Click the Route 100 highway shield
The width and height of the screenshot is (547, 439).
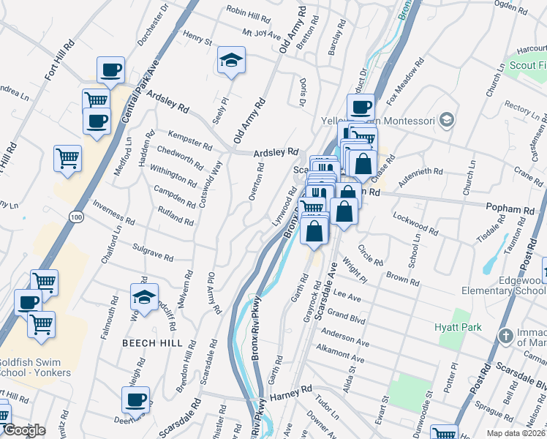[x=75, y=216]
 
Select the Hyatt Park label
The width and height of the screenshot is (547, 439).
[x=458, y=327]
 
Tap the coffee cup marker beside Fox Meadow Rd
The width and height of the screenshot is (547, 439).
[x=360, y=107]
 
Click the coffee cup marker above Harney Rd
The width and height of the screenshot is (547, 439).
[x=135, y=399]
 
